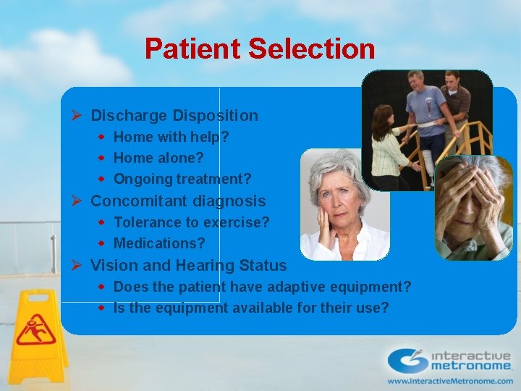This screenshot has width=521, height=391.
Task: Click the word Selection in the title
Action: [x=312, y=49]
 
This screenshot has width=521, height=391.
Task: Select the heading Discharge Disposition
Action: [x=174, y=115]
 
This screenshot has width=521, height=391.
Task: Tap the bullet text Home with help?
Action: [x=171, y=136]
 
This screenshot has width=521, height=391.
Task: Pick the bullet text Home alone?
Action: [x=158, y=157]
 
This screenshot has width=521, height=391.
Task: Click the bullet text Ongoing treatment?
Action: [x=182, y=178]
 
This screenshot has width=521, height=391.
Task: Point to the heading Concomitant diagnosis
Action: [x=178, y=201]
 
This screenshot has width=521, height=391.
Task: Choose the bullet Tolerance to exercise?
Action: [x=191, y=222]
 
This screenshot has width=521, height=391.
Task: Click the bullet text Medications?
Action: [x=159, y=243]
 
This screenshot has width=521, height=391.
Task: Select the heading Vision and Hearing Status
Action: [x=188, y=266]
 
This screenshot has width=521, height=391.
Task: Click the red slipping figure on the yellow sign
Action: [x=35, y=329]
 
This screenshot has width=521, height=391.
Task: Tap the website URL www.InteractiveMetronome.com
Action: [x=449, y=380]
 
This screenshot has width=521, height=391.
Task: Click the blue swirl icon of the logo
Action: [x=407, y=361]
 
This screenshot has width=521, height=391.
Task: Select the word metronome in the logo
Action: [x=471, y=366]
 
